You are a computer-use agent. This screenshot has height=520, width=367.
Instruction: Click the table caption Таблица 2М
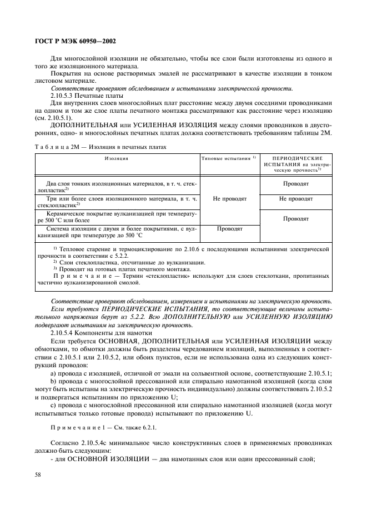(100, 147)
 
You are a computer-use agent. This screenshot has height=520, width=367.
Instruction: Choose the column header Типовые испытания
(228, 158)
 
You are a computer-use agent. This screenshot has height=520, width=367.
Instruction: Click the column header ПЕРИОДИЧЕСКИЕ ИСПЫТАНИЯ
(296, 164)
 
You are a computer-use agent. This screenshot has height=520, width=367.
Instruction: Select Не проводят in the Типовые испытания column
(228, 198)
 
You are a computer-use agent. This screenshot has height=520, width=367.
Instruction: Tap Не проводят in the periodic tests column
(296, 198)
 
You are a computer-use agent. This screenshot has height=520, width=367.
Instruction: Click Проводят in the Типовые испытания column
(228, 228)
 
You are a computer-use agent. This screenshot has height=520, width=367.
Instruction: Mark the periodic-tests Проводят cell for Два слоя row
(296, 183)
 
